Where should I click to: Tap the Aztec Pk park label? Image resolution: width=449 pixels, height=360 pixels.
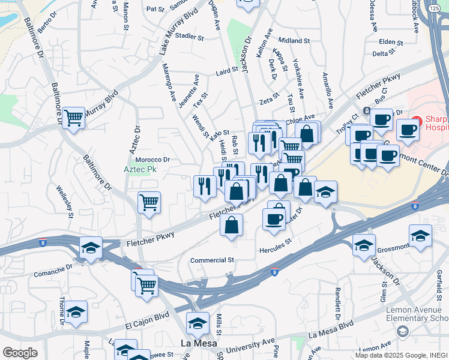click(139, 170)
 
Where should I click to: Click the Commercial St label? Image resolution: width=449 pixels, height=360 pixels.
click(212, 260)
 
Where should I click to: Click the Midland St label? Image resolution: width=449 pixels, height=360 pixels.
click(294, 41)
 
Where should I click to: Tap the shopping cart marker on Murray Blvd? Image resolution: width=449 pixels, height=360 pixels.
click(73, 117)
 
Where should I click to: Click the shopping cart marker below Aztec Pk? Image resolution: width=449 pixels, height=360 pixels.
click(149, 202)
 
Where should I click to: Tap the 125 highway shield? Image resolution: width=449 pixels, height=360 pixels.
click(433, 8)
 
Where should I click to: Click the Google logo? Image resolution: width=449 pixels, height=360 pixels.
click(20, 352)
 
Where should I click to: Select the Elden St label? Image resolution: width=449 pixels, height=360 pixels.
click(390, 42)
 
